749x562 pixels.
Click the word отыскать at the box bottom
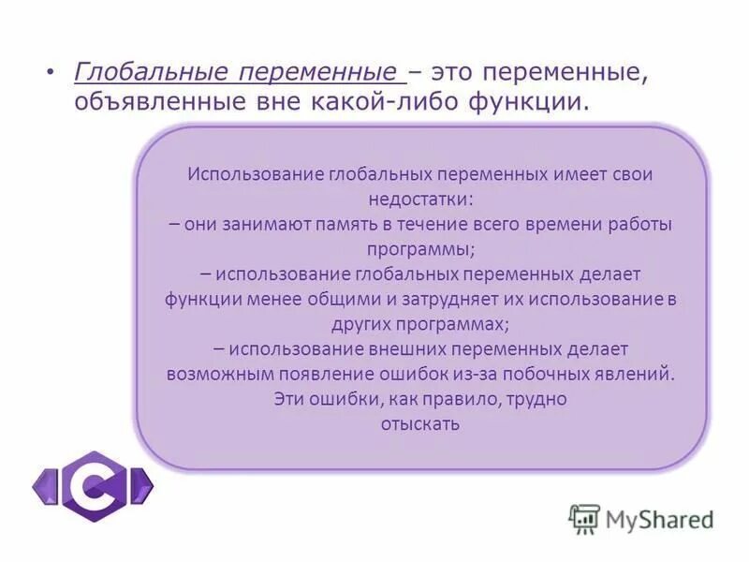point(419,422)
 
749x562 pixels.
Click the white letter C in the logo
point(94,485)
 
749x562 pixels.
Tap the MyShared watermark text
point(660,518)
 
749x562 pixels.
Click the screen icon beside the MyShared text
point(584,519)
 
